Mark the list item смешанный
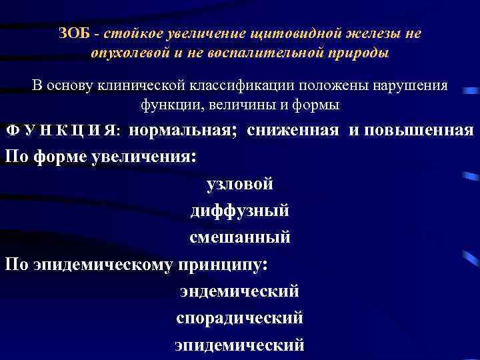240,237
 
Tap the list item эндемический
240,291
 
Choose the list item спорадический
240,318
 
